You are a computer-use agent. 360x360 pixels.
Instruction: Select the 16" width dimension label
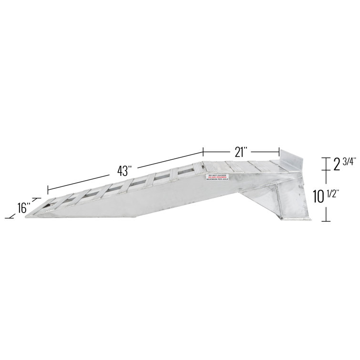coord(23,208)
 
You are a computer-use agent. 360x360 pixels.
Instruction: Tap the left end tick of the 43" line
coord(47,189)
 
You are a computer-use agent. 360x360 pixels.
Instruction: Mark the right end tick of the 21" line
coord(279,152)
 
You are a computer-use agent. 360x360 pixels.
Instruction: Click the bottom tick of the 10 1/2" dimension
coord(325,221)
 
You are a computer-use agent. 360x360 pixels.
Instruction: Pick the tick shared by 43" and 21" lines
coord(204,152)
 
